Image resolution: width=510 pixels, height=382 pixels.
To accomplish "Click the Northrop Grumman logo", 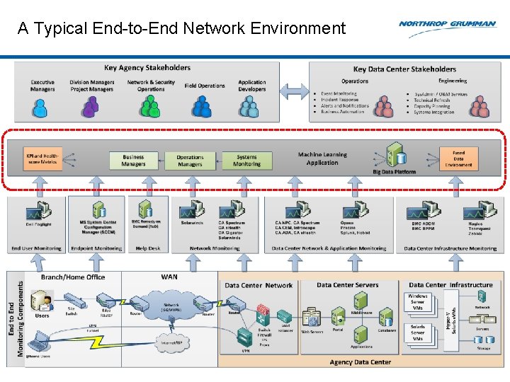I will tap(447, 24).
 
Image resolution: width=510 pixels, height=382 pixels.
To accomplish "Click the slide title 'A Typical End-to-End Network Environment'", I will tap(181, 28).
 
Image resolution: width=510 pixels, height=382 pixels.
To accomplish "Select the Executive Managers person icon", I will tap(42, 107).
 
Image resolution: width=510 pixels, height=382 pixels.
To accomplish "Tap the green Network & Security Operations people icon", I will tap(150, 107).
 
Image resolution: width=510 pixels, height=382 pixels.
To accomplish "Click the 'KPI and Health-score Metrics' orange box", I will tap(42, 160).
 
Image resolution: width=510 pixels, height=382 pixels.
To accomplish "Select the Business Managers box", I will tap(133, 161).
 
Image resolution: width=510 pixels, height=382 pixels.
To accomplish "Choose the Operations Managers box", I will tap(190, 161).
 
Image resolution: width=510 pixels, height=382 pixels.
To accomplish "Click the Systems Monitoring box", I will tap(246, 161).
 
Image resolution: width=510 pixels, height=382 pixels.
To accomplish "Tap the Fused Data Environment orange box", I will tap(458, 159).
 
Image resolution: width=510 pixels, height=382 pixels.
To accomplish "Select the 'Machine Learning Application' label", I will tap(322, 158).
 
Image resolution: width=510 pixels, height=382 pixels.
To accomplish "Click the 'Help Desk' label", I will tap(148, 248).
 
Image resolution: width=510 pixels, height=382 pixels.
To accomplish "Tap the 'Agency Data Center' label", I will tap(360, 361).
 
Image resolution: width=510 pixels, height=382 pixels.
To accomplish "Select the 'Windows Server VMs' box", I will tap(419, 303).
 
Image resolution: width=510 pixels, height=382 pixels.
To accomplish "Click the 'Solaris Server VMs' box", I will tap(419, 333).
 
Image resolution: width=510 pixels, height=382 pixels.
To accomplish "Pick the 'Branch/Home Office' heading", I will tap(73, 277).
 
